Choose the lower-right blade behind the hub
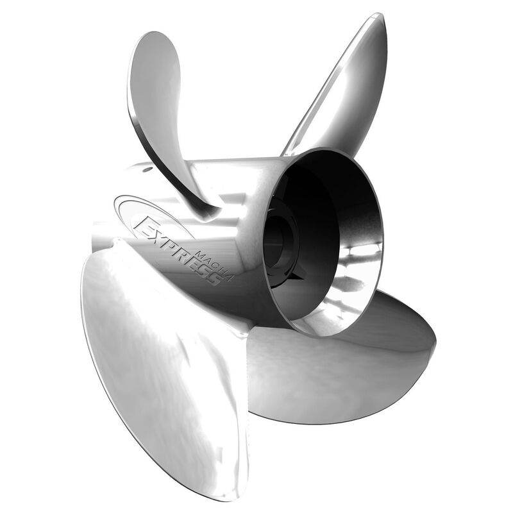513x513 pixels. [x=346, y=372]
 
